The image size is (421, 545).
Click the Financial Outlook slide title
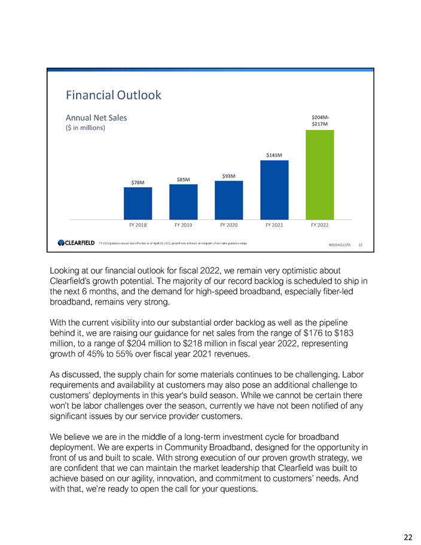pyautogui.click(x=113, y=95)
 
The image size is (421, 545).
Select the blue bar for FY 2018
pyautogui.click(x=138, y=203)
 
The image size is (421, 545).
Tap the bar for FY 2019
pyautogui.click(x=184, y=202)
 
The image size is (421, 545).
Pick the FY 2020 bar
pyautogui.click(x=228, y=200)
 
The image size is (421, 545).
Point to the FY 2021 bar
pyautogui.click(x=274, y=190)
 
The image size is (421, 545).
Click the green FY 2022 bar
pyautogui.click(x=320, y=174)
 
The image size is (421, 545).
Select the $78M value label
pyautogui.click(x=138, y=182)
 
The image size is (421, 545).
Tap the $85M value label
pyautogui.click(x=184, y=179)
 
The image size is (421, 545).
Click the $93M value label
pyautogui.click(x=228, y=176)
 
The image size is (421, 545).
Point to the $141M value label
pyautogui.click(x=274, y=155)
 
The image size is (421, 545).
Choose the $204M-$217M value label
pyautogui.click(x=320, y=120)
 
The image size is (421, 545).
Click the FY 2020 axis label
pyautogui.click(x=228, y=226)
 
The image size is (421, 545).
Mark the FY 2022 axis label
pyautogui.click(x=320, y=226)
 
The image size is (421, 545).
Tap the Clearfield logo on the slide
pyautogui.click(x=76, y=242)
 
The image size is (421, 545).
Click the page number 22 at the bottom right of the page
pyautogui.click(x=408, y=537)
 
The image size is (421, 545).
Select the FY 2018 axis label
pyautogui.click(x=138, y=226)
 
